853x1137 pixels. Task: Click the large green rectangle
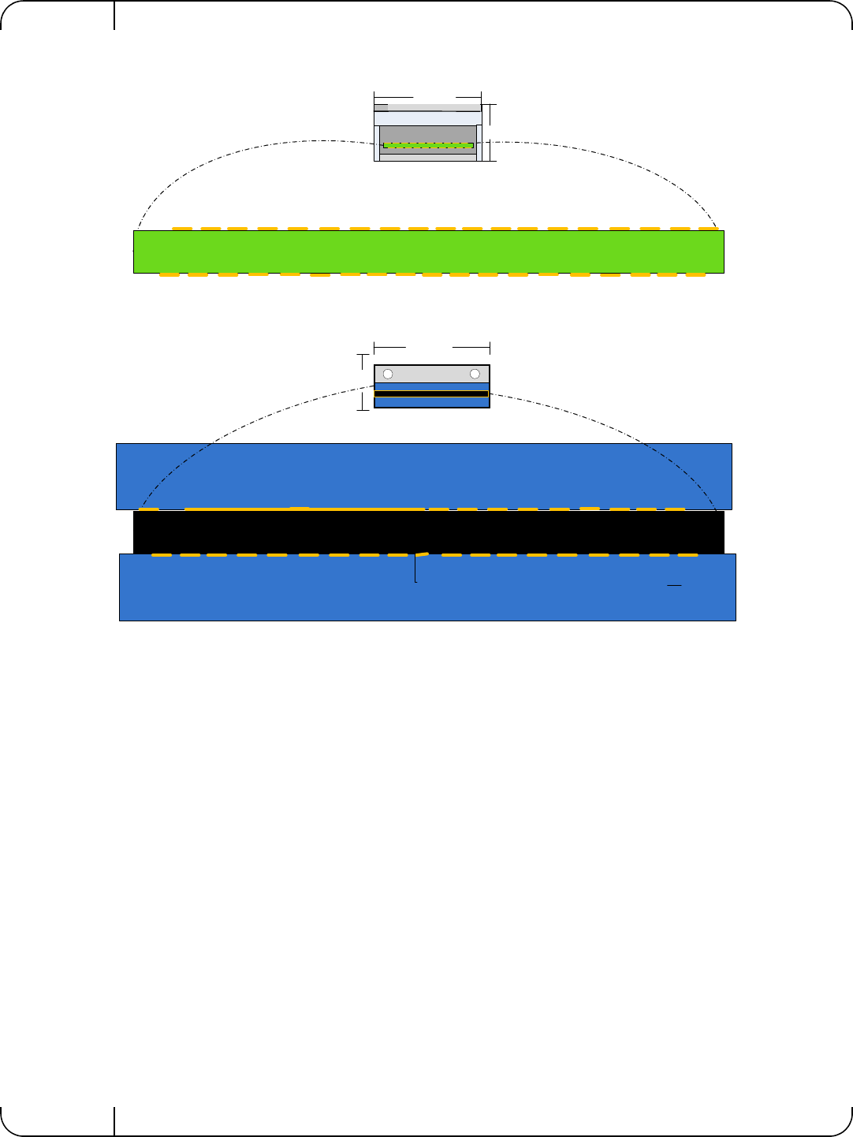tap(428, 252)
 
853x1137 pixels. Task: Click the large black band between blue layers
tap(428, 533)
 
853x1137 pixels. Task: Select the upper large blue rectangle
tap(424, 475)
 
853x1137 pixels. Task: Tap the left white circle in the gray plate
tap(388, 374)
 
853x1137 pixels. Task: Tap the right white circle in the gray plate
tap(475, 374)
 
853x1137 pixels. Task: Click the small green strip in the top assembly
tap(428, 145)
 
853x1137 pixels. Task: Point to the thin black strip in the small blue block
tap(431, 394)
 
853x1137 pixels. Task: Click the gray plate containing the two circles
tap(431, 374)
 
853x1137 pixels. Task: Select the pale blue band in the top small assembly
tap(427, 118)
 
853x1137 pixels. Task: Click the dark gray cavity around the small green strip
tap(428, 134)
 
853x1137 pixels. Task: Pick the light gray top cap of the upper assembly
tap(427, 107)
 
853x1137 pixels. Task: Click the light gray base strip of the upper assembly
tap(428, 158)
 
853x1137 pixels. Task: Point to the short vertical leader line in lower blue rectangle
tap(415, 569)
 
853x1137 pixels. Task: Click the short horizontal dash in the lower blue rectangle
tap(674, 586)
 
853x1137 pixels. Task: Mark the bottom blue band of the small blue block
tap(431, 402)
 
